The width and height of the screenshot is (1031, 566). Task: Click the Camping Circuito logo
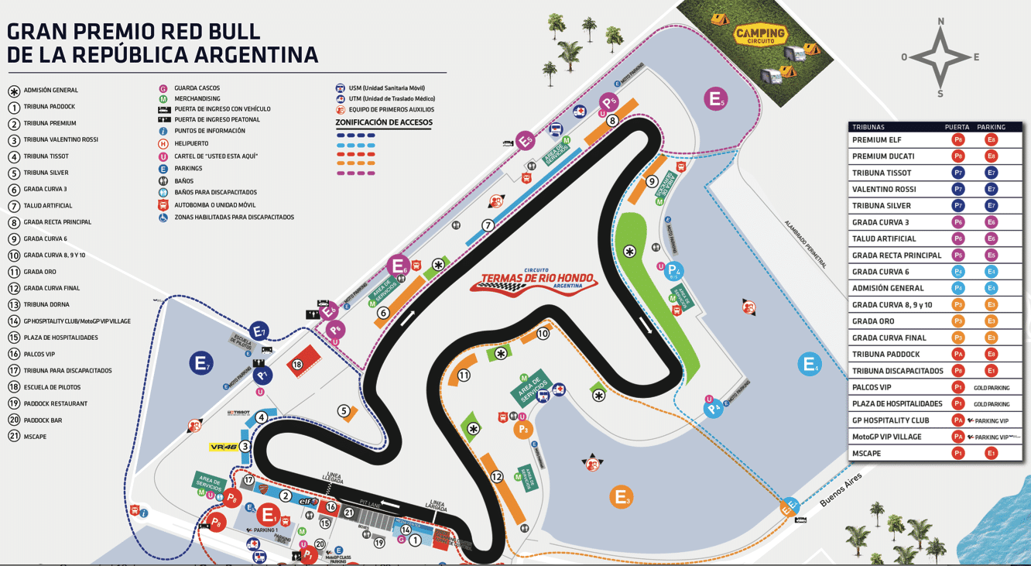click(760, 35)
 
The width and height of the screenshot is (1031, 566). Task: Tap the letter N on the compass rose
click(940, 21)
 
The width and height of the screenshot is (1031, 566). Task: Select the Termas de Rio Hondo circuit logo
click(534, 280)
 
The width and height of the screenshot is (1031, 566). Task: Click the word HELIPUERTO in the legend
click(191, 144)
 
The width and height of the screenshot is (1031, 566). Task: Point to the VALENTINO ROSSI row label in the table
click(884, 190)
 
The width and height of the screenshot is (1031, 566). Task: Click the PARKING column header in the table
click(991, 127)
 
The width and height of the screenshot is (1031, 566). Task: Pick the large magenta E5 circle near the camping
click(716, 99)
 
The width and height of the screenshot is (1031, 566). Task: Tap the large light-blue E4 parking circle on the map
click(810, 364)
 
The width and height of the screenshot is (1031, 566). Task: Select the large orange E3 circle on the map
click(621, 496)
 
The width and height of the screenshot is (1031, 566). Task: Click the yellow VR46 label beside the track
click(223, 447)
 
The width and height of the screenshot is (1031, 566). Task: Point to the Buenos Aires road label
click(841, 490)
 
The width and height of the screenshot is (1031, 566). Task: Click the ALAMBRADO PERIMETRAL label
click(806, 244)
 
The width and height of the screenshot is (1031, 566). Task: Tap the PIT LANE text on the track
click(369, 503)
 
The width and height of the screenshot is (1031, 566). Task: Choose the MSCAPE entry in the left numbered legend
click(36, 437)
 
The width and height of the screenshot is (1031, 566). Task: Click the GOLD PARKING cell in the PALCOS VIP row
click(992, 388)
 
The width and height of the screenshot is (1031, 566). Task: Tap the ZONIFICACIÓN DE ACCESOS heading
click(384, 122)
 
